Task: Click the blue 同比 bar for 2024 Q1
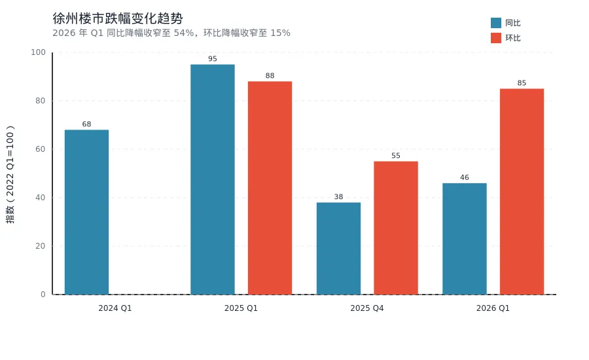click(86, 212)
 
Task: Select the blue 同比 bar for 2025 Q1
click(212, 179)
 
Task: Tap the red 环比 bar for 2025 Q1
click(270, 188)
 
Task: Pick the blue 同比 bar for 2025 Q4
click(338, 248)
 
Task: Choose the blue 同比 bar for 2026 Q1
click(464, 239)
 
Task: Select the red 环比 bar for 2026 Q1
click(522, 191)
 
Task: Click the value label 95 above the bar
click(212, 59)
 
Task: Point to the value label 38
click(338, 197)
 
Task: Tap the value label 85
click(522, 83)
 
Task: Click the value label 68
click(86, 124)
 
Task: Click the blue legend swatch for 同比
click(495, 23)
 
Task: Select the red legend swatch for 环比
click(495, 38)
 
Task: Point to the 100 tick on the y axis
click(39, 52)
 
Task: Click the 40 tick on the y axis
click(41, 198)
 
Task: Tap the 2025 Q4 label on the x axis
click(366, 308)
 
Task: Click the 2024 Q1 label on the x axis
click(115, 308)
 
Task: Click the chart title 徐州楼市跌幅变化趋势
click(117, 18)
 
